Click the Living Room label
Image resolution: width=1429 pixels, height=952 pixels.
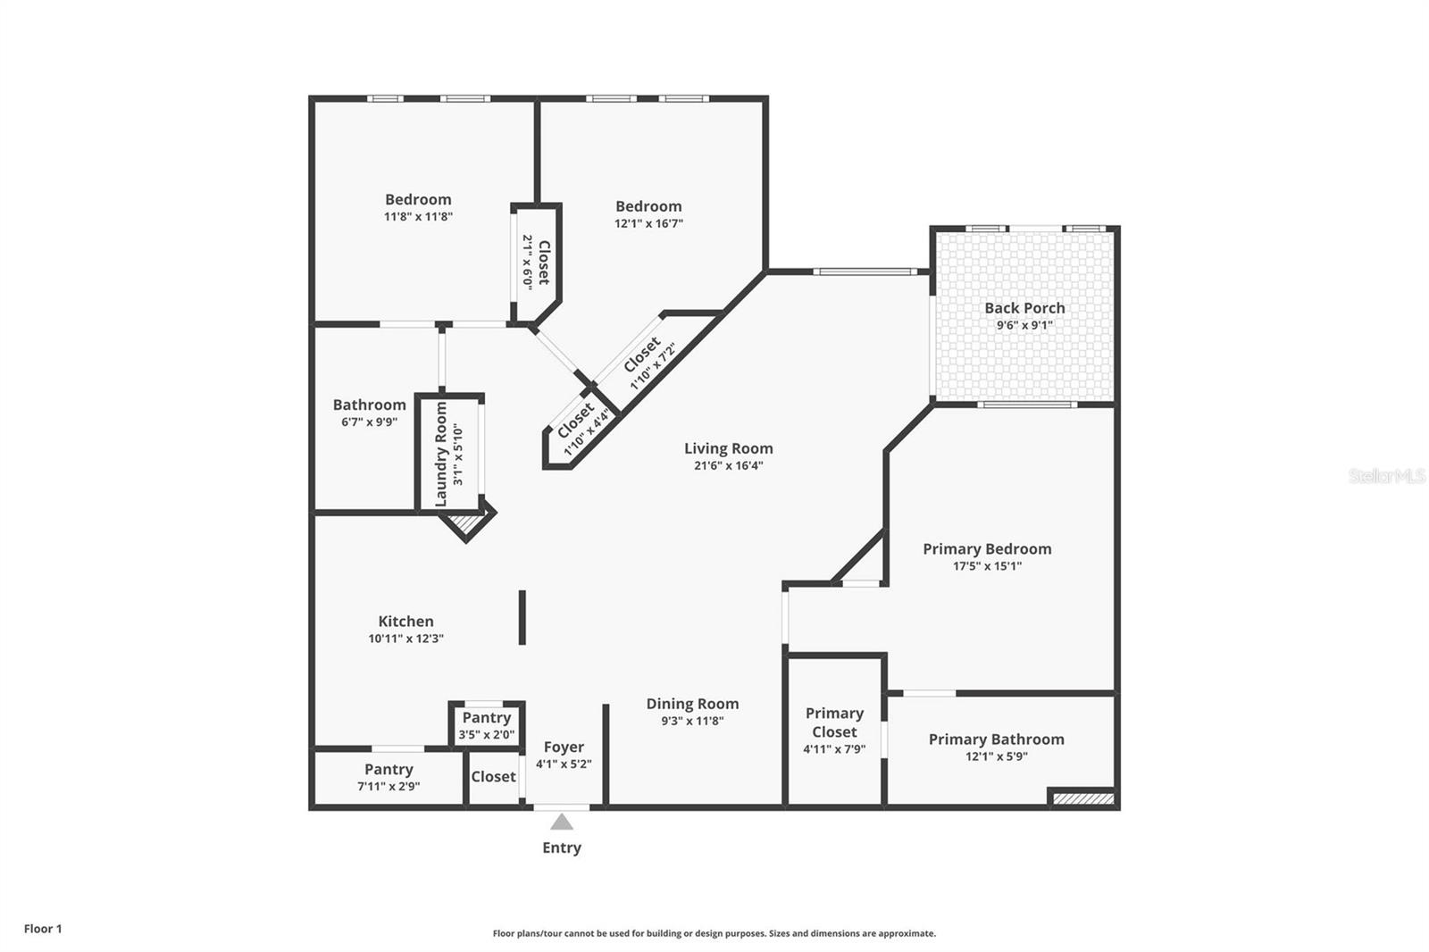point(728,448)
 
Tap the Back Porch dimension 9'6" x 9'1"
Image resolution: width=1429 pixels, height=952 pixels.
point(1024,325)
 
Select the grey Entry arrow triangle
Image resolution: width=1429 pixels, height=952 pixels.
point(561,823)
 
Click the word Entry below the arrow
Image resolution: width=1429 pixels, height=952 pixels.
point(561,848)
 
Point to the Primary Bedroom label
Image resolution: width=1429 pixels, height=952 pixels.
point(987,549)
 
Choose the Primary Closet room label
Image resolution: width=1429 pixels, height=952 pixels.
point(834,722)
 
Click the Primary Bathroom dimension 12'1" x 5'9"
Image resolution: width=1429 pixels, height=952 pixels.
point(996,756)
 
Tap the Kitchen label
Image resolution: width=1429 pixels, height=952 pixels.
point(405,622)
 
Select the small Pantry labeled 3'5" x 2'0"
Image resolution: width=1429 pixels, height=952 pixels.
point(486,718)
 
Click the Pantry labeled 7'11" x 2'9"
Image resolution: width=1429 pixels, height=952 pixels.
point(389,770)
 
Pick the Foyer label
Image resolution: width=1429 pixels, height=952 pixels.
point(564,747)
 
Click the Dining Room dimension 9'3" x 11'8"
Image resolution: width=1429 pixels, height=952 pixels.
point(692,721)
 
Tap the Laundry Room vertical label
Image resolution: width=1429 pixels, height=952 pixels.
point(441,454)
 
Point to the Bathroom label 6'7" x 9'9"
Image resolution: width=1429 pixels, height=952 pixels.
point(369,405)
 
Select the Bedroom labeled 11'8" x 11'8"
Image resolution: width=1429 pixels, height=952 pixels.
point(418,200)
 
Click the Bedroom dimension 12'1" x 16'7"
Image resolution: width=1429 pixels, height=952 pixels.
point(648,223)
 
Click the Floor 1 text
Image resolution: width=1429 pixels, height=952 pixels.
point(43,929)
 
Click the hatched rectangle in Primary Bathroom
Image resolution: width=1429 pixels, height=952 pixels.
point(1082,798)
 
